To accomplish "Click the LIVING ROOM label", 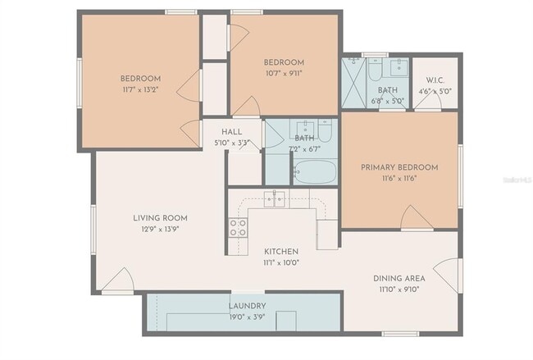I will click(x=161, y=218).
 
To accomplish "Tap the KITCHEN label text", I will click(x=280, y=251).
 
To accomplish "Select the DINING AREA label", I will click(x=399, y=278).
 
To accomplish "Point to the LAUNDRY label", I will click(x=247, y=306).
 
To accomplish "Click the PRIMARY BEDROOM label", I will click(x=399, y=167).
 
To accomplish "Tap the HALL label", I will click(x=231, y=131).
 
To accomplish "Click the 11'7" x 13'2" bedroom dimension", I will click(x=140, y=89).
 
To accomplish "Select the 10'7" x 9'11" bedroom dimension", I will click(x=284, y=73).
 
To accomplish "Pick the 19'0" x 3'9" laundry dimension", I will click(x=247, y=317).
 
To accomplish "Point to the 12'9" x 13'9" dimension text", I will click(x=161, y=229).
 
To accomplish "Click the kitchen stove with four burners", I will click(x=239, y=227).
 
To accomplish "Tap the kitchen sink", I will click(x=275, y=198).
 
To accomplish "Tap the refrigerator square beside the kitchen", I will click(x=327, y=235).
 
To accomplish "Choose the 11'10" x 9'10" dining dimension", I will click(x=399, y=289).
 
